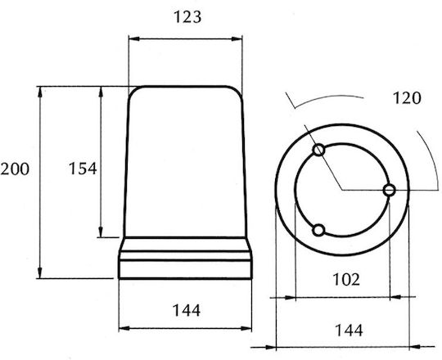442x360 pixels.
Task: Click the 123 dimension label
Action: tap(187, 17)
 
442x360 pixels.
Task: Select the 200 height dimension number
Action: tap(15, 169)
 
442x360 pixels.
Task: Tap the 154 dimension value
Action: tap(83, 169)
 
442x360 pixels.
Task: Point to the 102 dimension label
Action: tap(346, 279)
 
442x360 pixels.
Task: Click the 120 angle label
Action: tap(407, 98)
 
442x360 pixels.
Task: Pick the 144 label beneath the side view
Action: tap(187, 310)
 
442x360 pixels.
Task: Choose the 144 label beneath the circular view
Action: tap(349, 331)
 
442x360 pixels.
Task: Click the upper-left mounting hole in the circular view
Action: tap(319, 151)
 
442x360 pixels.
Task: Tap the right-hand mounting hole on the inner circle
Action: tap(390, 190)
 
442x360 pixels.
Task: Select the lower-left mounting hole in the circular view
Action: tap(318, 230)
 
